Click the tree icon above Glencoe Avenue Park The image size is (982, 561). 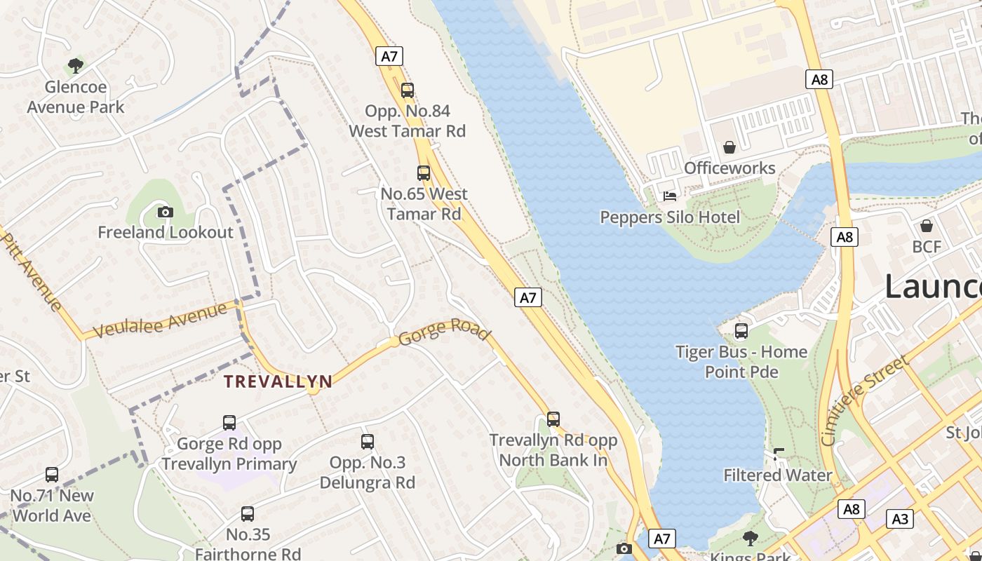click(x=76, y=66)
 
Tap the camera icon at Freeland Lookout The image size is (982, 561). click(x=166, y=212)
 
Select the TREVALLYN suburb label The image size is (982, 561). click(x=278, y=381)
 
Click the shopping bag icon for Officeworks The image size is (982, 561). click(x=729, y=147)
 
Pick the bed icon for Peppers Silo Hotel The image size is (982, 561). click(x=670, y=196)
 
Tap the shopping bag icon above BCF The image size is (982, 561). click(x=927, y=226)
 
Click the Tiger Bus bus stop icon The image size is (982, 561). click(x=741, y=331)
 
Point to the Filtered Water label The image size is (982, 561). click(x=778, y=475)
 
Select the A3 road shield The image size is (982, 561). click(x=900, y=519)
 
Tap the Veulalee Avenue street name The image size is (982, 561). click(x=159, y=320)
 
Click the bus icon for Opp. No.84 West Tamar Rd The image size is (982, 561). click(x=408, y=90)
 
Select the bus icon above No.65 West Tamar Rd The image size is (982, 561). click(x=424, y=173)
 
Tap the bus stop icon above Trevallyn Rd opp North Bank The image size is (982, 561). click(x=553, y=419)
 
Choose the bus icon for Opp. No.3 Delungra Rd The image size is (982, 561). click(x=368, y=442)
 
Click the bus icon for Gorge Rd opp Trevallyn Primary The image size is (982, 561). click(x=229, y=423)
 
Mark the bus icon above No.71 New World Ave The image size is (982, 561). click(x=52, y=475)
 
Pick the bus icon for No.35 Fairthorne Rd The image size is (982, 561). click(x=248, y=514)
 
